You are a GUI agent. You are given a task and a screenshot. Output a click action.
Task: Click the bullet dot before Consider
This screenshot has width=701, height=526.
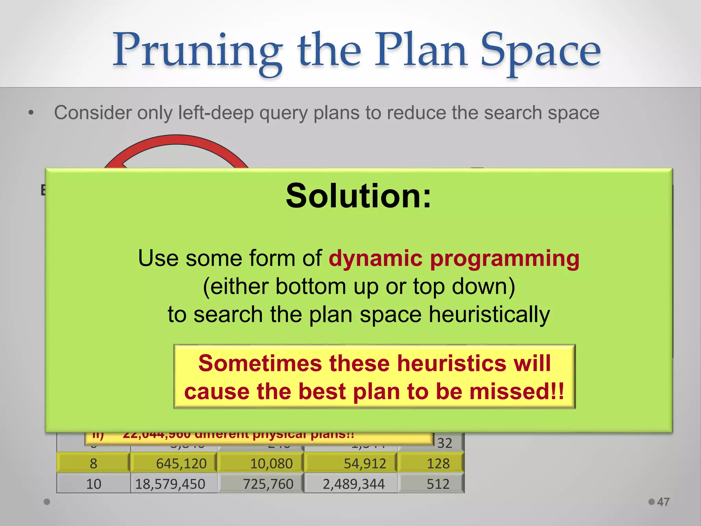31,113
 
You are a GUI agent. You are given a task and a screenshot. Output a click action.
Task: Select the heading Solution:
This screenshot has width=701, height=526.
358,196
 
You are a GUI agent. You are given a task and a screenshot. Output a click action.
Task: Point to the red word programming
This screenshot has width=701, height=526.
505,259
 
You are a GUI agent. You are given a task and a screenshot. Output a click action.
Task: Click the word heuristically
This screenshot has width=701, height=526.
489,315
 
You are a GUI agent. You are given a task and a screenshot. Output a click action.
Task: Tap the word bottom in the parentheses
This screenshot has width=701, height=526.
310,286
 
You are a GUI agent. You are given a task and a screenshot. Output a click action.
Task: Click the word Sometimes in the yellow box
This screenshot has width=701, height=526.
260,363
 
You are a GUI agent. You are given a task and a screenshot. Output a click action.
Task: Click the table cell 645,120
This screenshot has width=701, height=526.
181,463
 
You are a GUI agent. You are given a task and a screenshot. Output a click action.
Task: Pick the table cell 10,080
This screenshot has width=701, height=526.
271,463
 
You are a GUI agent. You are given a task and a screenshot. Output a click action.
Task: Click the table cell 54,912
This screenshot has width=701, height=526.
365,463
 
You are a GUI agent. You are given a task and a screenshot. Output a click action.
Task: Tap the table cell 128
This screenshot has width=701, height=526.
438,463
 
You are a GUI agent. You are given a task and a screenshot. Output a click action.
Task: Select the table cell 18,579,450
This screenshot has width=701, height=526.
170,484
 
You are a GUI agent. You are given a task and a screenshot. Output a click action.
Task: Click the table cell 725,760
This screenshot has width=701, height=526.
268,484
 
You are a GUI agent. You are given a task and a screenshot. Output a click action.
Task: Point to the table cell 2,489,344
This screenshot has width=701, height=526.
354,484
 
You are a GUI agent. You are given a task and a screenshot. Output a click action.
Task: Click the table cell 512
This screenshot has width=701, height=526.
438,484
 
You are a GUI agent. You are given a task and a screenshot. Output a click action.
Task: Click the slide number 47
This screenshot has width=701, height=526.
663,502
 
